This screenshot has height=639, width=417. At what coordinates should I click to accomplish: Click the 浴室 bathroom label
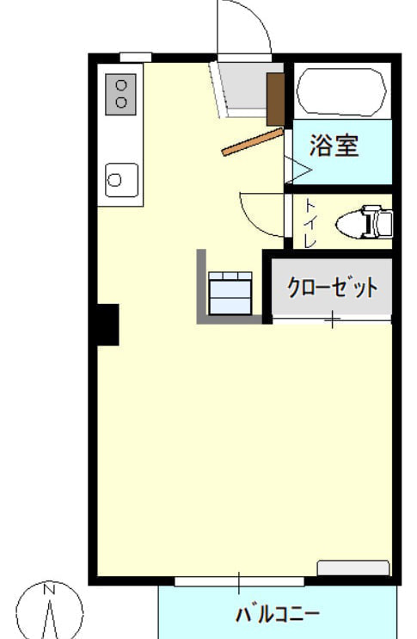(x=334, y=146)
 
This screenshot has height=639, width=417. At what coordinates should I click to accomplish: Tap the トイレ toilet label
(x=310, y=222)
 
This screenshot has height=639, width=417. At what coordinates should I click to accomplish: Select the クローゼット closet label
(x=332, y=288)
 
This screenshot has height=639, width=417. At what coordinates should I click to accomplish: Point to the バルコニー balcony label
(x=278, y=614)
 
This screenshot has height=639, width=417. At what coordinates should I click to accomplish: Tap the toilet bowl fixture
(x=364, y=222)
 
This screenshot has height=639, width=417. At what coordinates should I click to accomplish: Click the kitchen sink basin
(x=121, y=180)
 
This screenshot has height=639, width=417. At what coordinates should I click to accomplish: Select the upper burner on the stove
(x=121, y=86)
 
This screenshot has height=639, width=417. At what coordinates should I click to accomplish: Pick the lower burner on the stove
(x=121, y=102)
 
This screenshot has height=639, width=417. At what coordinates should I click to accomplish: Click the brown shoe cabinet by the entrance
(x=275, y=99)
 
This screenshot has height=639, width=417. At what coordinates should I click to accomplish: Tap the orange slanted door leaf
(x=252, y=142)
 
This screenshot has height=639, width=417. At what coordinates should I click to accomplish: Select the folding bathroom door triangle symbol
(x=297, y=170)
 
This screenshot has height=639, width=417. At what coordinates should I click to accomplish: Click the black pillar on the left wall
(x=107, y=325)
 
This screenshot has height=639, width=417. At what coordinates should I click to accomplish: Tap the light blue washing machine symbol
(x=230, y=294)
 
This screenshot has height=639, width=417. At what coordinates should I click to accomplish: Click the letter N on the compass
(x=50, y=589)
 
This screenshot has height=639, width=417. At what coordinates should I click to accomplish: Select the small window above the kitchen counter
(x=136, y=58)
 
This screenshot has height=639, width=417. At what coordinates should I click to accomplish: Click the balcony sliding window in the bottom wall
(x=239, y=581)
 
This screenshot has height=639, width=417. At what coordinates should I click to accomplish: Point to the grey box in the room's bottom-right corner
(x=353, y=568)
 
